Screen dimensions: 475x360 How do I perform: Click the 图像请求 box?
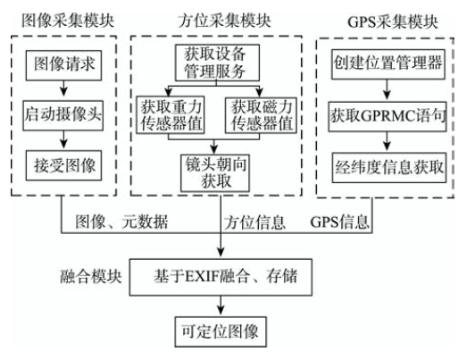(63, 65)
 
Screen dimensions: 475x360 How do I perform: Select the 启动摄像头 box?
(63, 115)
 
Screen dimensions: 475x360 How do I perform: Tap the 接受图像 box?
(63, 165)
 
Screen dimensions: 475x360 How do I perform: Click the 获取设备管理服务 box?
(218, 63)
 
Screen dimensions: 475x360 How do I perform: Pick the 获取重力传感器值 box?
(171, 115)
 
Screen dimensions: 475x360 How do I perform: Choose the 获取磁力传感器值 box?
(261, 115)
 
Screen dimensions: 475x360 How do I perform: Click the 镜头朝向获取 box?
(215, 173)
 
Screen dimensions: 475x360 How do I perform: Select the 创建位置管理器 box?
(388, 64)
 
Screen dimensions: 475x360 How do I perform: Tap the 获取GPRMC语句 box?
(387, 116)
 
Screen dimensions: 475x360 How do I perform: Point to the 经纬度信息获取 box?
(389, 168)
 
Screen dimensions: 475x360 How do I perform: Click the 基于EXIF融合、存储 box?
(221, 277)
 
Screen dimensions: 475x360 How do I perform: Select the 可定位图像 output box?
(221, 331)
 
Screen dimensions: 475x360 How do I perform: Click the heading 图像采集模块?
(68, 21)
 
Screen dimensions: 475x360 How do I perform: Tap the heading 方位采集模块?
(224, 21)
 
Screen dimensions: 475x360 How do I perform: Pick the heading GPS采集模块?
(393, 22)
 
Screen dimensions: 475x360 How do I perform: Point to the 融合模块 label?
(91, 276)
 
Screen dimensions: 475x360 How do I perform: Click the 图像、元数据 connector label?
(121, 222)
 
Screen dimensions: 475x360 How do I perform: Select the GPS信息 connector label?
(339, 222)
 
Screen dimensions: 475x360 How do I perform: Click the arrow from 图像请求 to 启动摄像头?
(63, 88)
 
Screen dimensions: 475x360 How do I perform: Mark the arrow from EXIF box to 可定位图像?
(221, 306)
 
